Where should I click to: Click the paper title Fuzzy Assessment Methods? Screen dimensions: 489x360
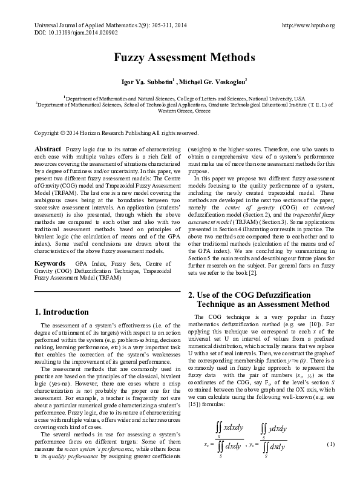pyautogui.click(x=180, y=58)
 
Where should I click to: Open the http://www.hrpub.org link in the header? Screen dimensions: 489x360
pyautogui.click(x=309, y=25)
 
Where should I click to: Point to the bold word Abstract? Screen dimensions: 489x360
pyautogui.click(x=48, y=149)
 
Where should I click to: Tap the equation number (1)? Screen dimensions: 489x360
pyautogui.click(x=330, y=462)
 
